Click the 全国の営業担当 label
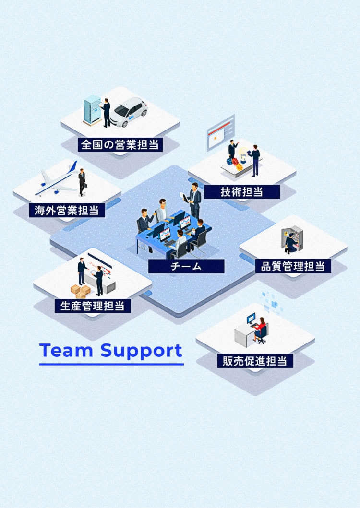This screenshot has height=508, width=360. point(120,144)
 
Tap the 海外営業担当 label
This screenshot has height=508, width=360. point(67,210)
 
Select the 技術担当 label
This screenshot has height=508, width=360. point(242,192)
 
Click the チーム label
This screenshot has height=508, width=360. point(186,266)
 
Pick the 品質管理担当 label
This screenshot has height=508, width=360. point(293,266)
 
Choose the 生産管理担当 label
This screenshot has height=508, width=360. point(93,306)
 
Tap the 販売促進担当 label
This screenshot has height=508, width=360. point(254,361)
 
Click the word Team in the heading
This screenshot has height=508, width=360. point(66,350)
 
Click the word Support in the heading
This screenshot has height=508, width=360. point(142,351)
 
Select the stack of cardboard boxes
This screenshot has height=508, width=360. point(80,291)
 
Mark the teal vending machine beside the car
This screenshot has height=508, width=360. point(92,109)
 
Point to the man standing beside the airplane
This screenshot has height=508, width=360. point(82,181)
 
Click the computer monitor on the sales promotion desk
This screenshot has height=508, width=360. point(251,318)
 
